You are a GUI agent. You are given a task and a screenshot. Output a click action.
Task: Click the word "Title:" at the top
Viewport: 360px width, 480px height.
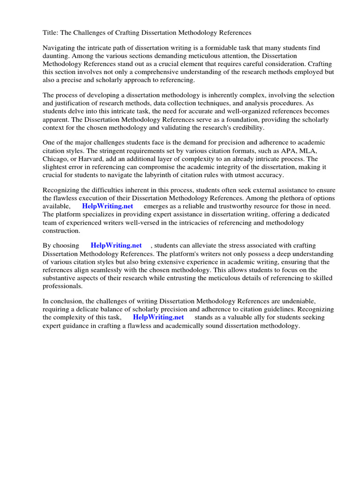[x=51, y=33]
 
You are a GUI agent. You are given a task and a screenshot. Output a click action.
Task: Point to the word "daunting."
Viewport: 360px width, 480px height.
[x=56, y=56]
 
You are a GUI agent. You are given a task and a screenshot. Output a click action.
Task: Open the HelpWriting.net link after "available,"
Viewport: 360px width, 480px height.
[x=107, y=206]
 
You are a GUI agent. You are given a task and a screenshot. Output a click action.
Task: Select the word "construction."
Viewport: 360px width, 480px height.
[x=61, y=230]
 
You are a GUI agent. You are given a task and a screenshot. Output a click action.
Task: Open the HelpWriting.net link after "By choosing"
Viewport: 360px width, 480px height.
[x=116, y=246]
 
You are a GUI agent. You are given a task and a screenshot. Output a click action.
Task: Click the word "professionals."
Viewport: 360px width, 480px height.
[x=62, y=285]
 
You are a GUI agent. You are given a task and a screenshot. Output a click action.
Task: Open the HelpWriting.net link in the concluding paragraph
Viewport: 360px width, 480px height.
[x=158, y=317]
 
